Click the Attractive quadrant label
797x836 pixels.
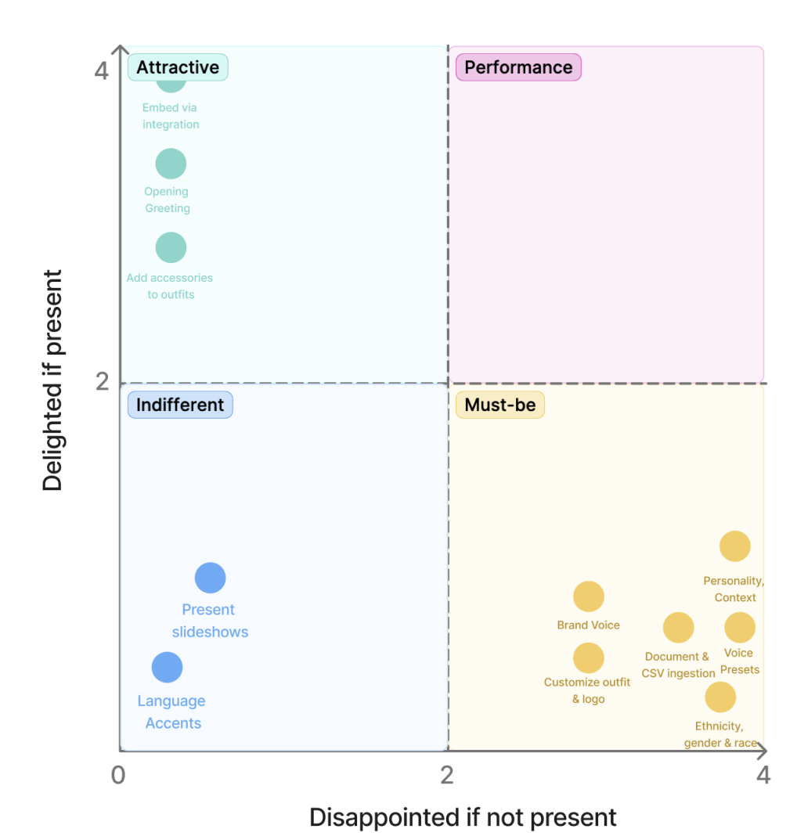click(178, 67)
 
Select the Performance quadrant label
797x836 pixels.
click(518, 67)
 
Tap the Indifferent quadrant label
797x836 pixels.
click(180, 405)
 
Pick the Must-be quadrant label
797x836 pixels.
click(499, 405)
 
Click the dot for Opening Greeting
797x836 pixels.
click(171, 164)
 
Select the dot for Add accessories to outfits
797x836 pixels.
click(171, 247)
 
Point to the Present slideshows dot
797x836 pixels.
click(210, 578)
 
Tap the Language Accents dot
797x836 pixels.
click(167, 668)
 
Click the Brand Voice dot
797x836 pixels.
click(589, 596)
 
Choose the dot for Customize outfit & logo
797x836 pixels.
click(589, 658)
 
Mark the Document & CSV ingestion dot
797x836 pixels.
click(678, 627)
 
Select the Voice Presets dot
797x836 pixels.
click(739, 627)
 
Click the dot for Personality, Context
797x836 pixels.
click(734, 546)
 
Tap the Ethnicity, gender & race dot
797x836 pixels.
click(720, 697)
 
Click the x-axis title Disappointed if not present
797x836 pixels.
click(463, 817)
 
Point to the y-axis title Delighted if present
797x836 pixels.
click(52, 380)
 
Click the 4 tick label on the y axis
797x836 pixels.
click(101, 70)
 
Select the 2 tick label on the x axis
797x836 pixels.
click(447, 775)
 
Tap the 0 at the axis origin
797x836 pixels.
click(118, 775)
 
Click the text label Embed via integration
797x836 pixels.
click(171, 116)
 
